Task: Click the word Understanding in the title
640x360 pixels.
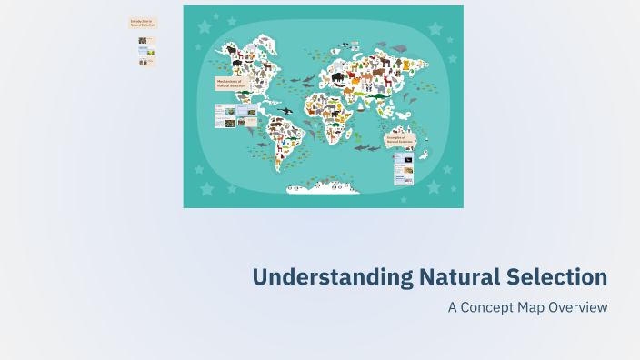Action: pos(330,277)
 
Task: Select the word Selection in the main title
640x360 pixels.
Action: pos(554,277)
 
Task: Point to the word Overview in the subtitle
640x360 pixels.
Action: pos(577,307)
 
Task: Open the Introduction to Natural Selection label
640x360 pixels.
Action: pos(143,23)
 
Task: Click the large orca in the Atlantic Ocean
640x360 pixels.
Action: pos(285,111)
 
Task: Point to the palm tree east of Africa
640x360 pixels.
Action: pos(361,105)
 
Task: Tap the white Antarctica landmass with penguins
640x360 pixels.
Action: pos(323,187)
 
